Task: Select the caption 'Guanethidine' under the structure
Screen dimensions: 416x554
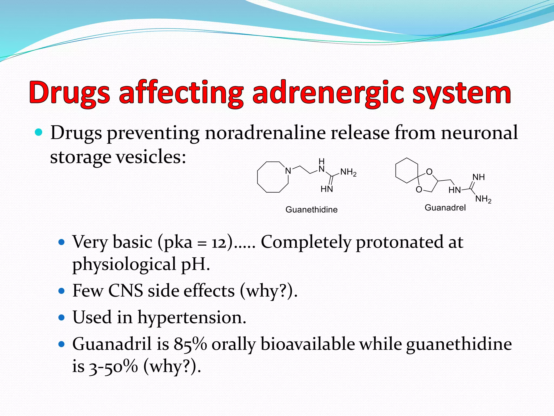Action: (311, 210)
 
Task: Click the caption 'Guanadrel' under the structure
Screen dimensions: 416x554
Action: (445, 208)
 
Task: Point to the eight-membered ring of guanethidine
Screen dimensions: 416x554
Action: (273, 177)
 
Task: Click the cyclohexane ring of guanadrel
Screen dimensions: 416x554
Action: (407, 170)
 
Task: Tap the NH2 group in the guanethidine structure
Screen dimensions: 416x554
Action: (348, 172)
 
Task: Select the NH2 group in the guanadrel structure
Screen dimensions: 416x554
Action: (483, 199)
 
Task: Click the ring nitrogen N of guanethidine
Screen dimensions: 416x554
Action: (288, 171)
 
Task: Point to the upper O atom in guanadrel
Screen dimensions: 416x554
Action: (429, 172)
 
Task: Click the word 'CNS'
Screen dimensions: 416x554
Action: (126, 291)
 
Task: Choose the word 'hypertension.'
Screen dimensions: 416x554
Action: (192, 317)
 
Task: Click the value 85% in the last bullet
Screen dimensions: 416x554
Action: (190, 344)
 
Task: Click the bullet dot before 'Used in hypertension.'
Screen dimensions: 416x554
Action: (62, 317)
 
